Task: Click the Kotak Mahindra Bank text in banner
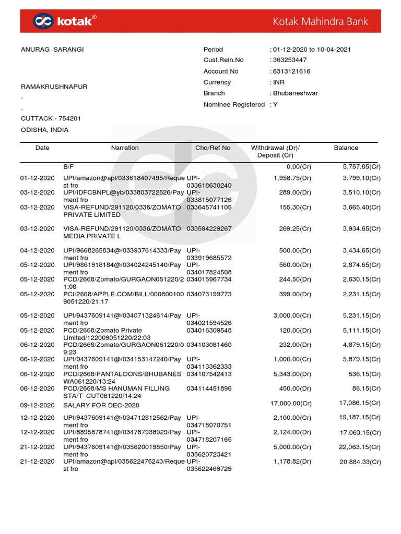321,21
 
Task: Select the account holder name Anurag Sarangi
52,50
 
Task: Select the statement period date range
312,50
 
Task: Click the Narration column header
125,148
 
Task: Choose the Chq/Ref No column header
213,148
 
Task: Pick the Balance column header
346,148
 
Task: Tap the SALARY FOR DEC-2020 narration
101,405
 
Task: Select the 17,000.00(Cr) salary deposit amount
290,403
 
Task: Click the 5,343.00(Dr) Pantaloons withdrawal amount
292,374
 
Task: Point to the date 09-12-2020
37,405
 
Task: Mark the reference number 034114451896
209,389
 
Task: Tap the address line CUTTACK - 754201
51,119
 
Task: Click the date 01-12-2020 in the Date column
37,178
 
